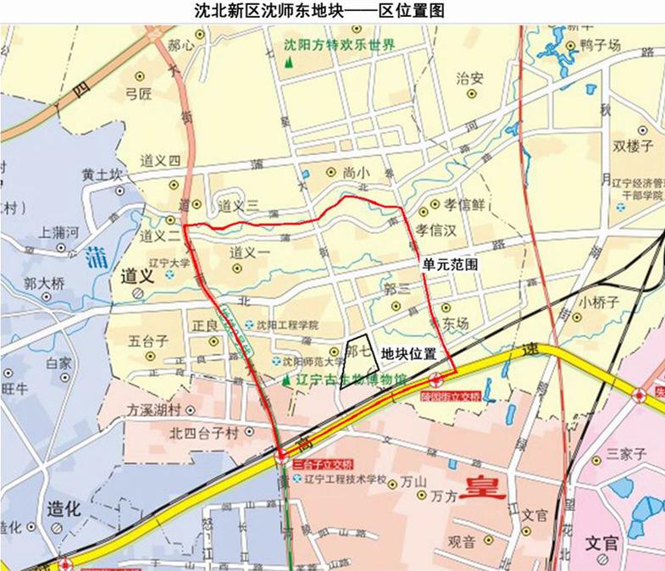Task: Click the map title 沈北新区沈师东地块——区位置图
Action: click(x=320, y=12)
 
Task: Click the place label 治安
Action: click(x=470, y=78)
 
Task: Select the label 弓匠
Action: click(x=138, y=92)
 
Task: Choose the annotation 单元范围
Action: click(x=450, y=264)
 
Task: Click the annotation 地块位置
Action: click(x=408, y=352)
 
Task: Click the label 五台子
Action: click(x=149, y=342)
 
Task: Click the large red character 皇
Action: click(x=482, y=486)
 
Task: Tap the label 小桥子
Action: click(x=600, y=301)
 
